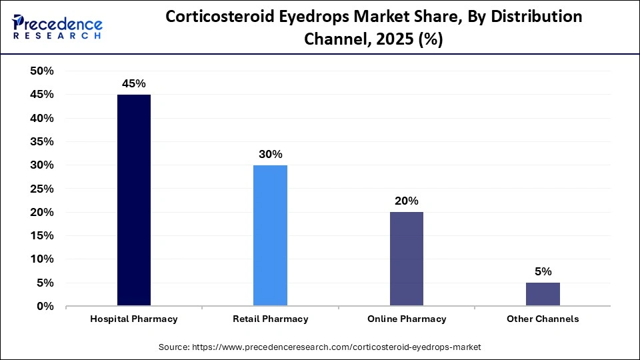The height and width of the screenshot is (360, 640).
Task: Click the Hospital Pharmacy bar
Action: coord(134,200)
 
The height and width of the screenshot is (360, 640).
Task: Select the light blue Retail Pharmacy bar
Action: coord(270,235)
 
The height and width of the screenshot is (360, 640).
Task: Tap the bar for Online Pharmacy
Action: coord(406,259)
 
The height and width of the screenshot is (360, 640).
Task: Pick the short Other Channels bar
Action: coord(543,294)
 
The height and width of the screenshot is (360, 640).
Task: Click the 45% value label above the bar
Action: coord(134,84)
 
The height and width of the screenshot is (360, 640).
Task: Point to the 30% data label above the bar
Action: coord(270,154)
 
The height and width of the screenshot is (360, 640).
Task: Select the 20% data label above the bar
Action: coord(406,201)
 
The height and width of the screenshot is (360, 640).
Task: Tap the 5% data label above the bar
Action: coord(543,271)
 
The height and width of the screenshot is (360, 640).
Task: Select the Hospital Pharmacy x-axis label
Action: coord(134,319)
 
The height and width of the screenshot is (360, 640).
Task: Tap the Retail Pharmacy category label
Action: coord(270,319)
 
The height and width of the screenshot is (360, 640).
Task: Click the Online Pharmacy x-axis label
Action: coord(406,319)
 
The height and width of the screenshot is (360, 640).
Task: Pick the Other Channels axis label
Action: coord(543,319)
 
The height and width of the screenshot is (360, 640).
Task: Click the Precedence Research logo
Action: coord(57,27)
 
